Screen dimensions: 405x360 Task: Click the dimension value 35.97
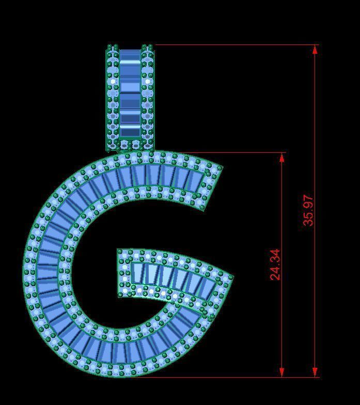(x=308, y=210)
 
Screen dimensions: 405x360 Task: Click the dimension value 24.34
(x=275, y=264)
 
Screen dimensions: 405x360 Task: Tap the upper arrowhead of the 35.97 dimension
(x=315, y=50)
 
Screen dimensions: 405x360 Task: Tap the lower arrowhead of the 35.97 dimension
(x=315, y=372)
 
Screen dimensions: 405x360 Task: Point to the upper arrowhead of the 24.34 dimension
(x=282, y=158)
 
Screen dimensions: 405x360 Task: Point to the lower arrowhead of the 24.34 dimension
(x=282, y=372)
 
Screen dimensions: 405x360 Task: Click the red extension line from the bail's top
(x=232, y=45)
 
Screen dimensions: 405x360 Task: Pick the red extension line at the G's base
(x=232, y=377)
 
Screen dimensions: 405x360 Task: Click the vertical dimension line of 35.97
(x=315, y=129)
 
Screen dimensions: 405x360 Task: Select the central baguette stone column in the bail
(x=130, y=98)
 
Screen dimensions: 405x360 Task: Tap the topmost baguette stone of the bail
(x=130, y=55)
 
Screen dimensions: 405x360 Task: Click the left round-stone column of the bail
(x=113, y=98)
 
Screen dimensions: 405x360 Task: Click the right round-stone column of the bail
(x=148, y=98)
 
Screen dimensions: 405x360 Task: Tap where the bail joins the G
(x=130, y=151)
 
